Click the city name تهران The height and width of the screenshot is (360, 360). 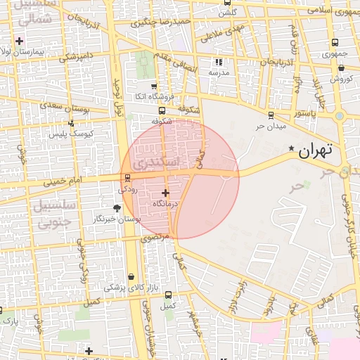pos(314,150)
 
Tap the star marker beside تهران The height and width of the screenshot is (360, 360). pos(291,148)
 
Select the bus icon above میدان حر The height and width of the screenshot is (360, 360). pos(271,115)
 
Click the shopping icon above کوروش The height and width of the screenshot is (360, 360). pos(341,68)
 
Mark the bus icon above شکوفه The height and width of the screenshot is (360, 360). pos(162,110)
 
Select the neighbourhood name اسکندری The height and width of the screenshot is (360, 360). pos(150,162)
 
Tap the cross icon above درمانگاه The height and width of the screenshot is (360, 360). pos(166,193)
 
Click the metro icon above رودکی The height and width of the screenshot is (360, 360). pos(127,178)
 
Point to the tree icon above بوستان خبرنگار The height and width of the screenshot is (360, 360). pos(117,208)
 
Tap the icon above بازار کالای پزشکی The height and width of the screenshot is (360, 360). pos(132,276)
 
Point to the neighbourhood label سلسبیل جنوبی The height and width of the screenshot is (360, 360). pos(44,216)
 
